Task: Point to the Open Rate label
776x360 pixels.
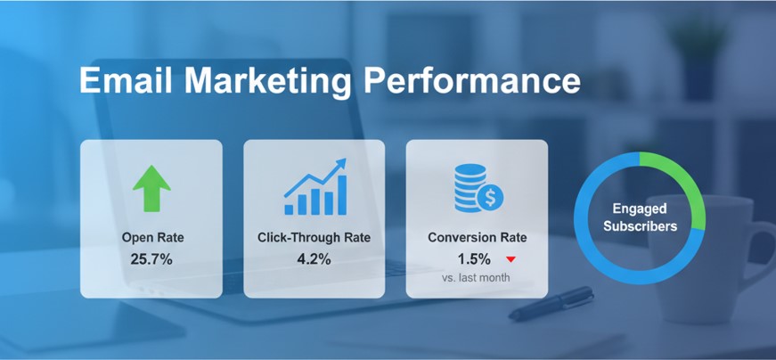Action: (x=151, y=238)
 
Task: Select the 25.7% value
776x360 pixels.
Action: (x=151, y=259)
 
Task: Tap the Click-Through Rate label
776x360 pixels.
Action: (x=314, y=238)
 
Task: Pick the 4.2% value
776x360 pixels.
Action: (x=314, y=259)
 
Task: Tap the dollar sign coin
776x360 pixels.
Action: (x=490, y=199)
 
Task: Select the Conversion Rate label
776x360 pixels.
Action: (x=477, y=238)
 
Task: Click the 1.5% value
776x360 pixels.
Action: (x=474, y=259)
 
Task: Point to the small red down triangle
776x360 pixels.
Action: (x=511, y=260)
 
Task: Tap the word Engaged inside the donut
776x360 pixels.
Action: (x=639, y=209)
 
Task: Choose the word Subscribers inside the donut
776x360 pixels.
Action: (x=639, y=225)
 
